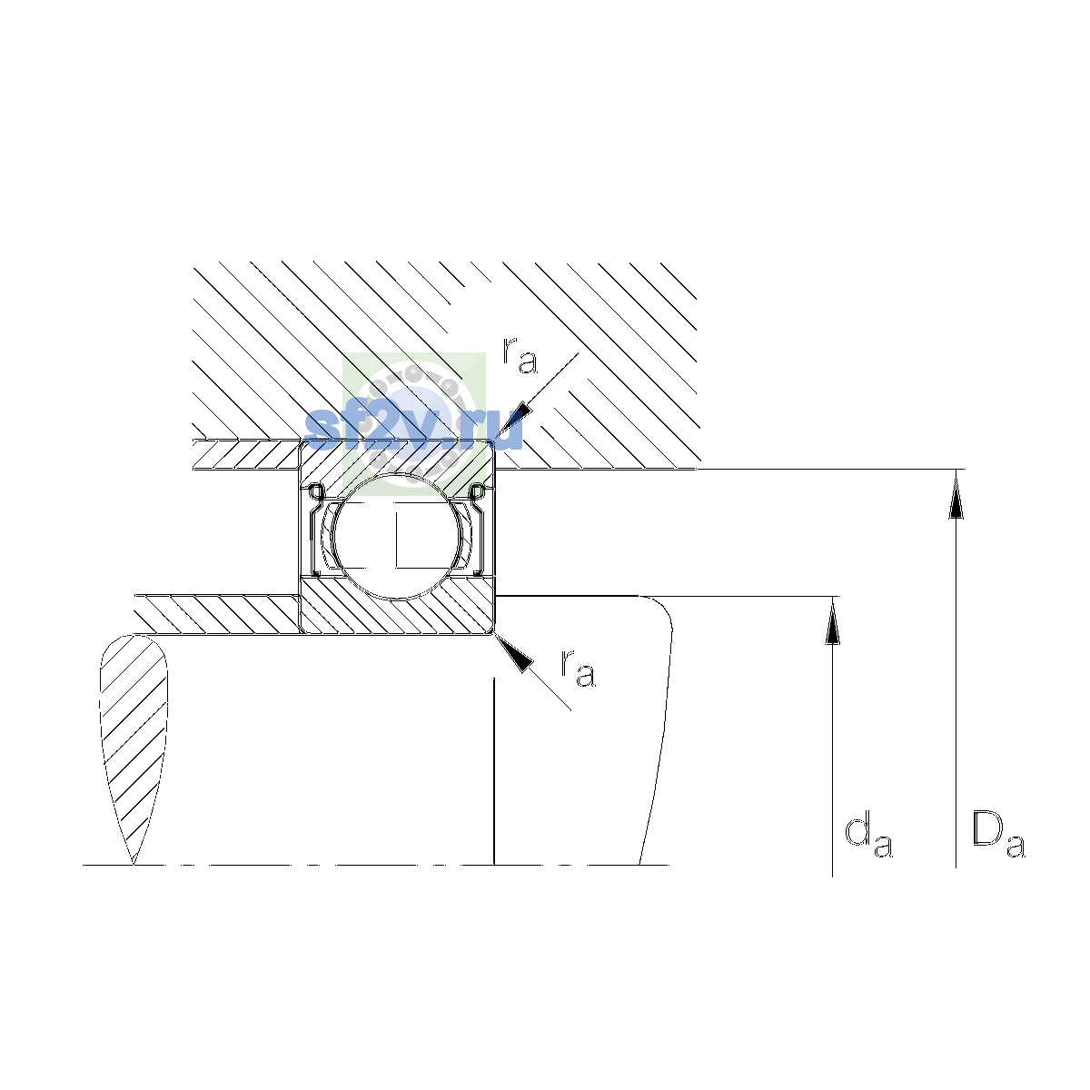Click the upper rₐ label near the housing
[520, 356]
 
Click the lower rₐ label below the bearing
[578, 669]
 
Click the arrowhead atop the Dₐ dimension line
[956, 496]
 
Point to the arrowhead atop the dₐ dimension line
[832, 622]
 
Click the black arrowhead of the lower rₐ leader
[515, 653]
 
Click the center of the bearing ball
[397, 536]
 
